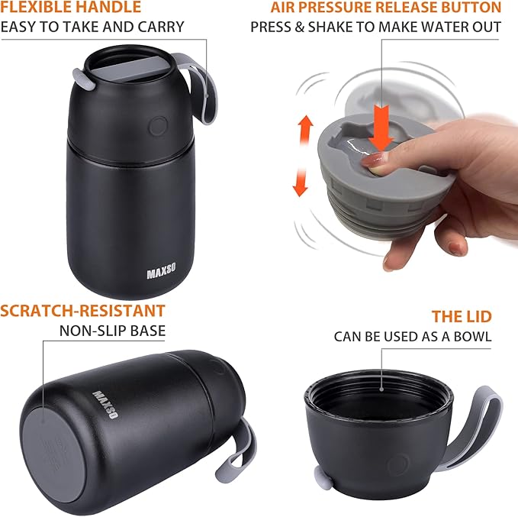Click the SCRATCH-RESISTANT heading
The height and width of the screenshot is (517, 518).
[82, 311]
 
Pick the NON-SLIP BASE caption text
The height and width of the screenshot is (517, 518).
[112, 331]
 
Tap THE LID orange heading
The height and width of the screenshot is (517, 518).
[462, 316]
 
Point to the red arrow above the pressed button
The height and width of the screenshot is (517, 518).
[382, 124]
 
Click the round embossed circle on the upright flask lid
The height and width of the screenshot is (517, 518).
[159, 126]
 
